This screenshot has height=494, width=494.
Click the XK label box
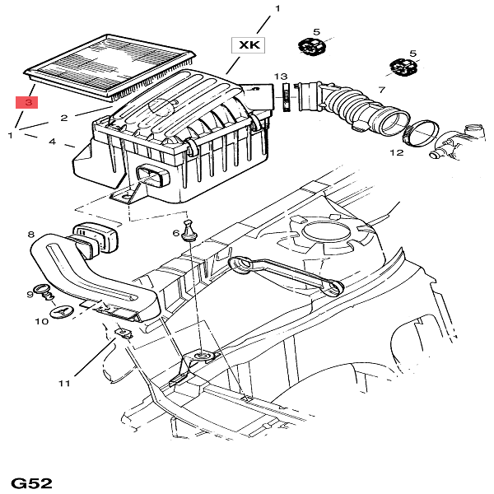click(x=249, y=45)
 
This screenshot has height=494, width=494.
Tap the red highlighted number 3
click(x=28, y=103)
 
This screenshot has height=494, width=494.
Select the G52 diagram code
click(x=32, y=482)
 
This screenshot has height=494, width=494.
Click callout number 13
click(x=281, y=75)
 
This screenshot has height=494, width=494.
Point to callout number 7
click(x=382, y=89)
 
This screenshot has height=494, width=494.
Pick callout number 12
click(x=396, y=152)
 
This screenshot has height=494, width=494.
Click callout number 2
click(x=86, y=118)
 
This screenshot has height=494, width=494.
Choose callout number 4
click(x=53, y=142)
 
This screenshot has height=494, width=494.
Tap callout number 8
click(x=30, y=235)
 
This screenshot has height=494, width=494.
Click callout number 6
click(x=175, y=234)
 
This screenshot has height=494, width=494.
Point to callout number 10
click(x=41, y=321)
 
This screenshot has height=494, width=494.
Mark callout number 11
click(x=65, y=382)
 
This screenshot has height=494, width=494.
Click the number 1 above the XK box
click(x=277, y=9)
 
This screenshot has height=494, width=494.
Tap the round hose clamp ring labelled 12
click(x=421, y=133)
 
